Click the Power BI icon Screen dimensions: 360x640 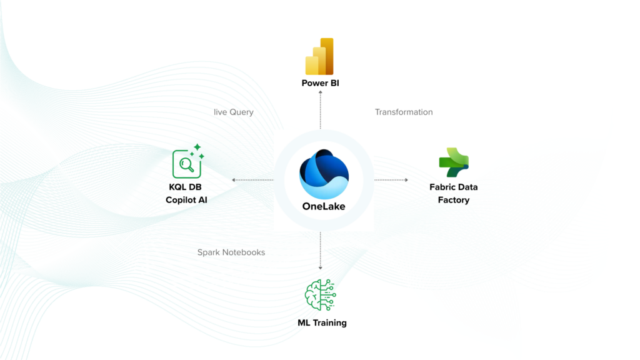(319, 57)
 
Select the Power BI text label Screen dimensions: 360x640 (320, 83)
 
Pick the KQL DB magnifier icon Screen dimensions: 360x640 (187, 164)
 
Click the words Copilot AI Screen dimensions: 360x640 (186, 200)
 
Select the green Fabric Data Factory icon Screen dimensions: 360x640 (454, 162)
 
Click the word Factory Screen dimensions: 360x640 (454, 200)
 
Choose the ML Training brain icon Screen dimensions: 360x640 (320, 294)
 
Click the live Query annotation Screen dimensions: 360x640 (233, 112)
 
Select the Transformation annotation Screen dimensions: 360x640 (404, 112)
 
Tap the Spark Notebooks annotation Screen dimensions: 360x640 (231, 252)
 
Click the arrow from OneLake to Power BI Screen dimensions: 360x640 (321, 110)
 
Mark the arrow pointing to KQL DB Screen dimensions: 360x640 (252, 180)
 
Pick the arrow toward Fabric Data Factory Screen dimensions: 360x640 (391, 180)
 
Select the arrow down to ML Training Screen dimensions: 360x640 (321, 251)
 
